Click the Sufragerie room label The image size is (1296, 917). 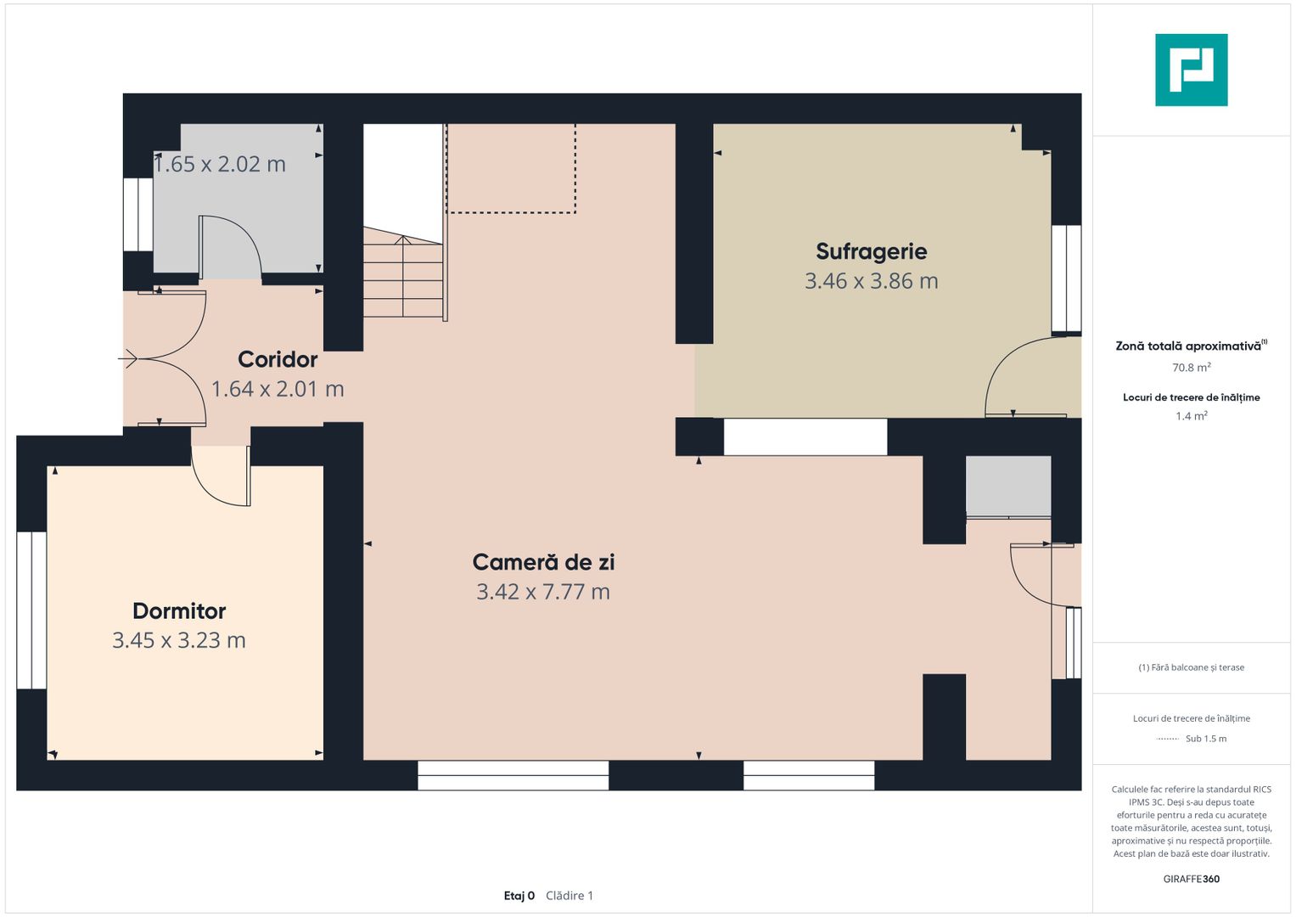(872, 252)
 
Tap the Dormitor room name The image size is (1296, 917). (179, 610)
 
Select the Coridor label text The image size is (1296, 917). (278, 359)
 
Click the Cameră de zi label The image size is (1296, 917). (543, 562)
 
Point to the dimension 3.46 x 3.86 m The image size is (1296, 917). (872, 281)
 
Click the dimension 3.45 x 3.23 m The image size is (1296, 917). (179, 640)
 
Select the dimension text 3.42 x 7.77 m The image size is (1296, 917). (543, 592)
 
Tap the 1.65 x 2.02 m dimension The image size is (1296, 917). (220, 165)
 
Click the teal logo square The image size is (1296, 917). (1192, 70)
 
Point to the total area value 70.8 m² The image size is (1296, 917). (1192, 368)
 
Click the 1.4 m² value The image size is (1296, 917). (1192, 416)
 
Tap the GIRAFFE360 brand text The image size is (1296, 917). (1192, 879)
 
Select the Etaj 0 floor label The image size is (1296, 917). (519, 896)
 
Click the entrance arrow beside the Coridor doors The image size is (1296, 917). (128, 359)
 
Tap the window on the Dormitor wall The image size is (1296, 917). (31, 610)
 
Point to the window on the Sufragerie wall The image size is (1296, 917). (1066, 278)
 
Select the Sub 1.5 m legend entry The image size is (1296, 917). (1192, 739)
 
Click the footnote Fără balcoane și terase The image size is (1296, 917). (1192, 667)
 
